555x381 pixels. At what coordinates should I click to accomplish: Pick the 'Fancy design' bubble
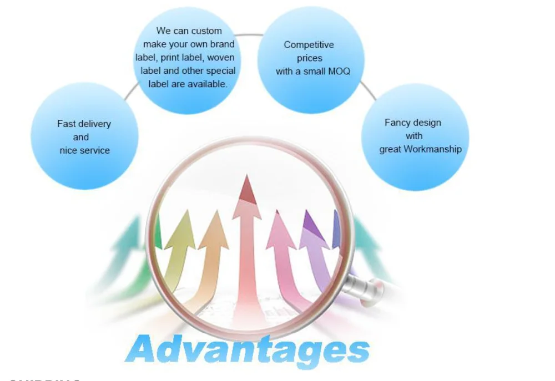(x=415, y=136)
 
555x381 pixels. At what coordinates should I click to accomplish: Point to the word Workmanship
(x=432, y=149)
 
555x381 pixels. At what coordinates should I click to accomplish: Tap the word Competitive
(x=309, y=45)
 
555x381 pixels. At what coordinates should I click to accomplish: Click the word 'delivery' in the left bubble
(x=94, y=124)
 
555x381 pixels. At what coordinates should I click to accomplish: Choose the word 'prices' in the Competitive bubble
(x=309, y=58)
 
